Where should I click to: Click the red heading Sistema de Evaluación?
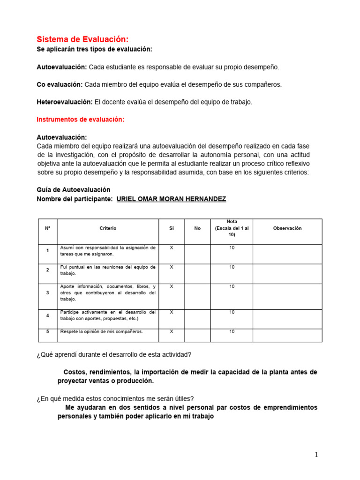coord(82,40)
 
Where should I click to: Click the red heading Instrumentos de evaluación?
coord(81,120)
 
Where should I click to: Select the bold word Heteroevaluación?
coord(65,102)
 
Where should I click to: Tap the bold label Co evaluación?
coord(60,84)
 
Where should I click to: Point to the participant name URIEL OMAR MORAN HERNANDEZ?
coord(171,199)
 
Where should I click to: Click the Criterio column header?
coord(108,228)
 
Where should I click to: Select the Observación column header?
coord(287,228)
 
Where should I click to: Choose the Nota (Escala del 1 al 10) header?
coord(232,228)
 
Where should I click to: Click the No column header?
coord(197,228)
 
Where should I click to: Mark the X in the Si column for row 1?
coord(171,247)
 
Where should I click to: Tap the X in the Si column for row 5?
coord(171,332)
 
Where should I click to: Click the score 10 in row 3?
coord(232,286)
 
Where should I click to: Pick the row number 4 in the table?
coord(47,315)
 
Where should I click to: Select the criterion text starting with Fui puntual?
coord(108,270)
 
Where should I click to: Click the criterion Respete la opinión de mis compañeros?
coord(102,332)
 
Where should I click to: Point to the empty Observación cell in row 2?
coord(287,273)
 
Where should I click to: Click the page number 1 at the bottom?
coord(316,454)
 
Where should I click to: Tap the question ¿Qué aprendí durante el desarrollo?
coord(114,354)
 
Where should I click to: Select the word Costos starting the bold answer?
coord(75,372)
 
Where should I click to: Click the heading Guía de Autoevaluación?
coord(74,190)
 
